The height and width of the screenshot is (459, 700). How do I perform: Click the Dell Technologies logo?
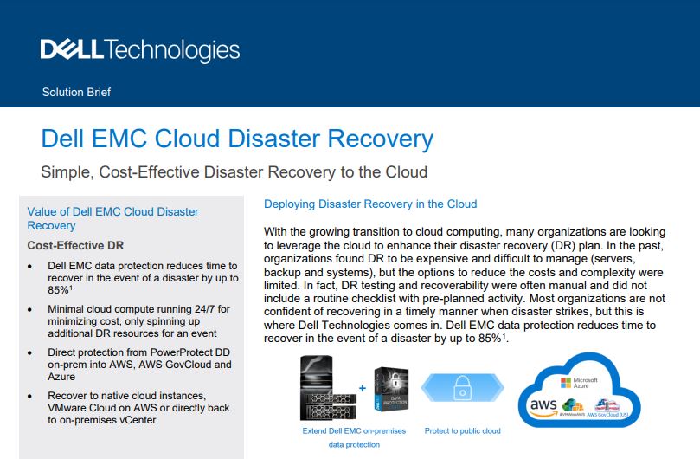coord(139,51)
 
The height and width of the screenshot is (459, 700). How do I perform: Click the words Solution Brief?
coord(76,92)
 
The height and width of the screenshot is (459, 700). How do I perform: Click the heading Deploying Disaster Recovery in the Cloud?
coord(370,204)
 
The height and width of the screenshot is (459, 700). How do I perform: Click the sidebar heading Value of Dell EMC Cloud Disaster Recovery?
coord(112,218)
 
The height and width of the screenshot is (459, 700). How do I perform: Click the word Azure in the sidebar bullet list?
coord(64,378)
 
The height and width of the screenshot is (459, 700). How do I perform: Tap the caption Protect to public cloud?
coord(462,430)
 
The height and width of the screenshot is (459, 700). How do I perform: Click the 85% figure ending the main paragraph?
coord(485,338)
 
